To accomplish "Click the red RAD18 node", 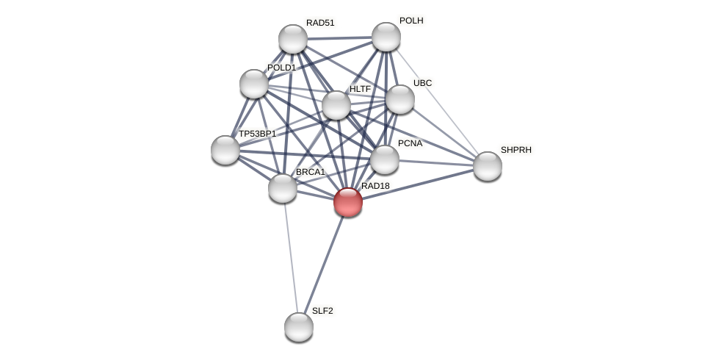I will [348, 202].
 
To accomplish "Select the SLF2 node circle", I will [299, 327].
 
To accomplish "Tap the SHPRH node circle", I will [488, 166].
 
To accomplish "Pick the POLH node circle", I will [386, 37].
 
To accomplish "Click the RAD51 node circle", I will [293, 39].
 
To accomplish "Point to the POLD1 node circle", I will [254, 84].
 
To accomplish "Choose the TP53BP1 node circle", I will [225, 150].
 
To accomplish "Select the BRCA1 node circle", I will [283, 188].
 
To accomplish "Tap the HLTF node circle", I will [336, 105].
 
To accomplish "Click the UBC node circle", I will [400, 99].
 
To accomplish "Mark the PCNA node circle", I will [385, 159].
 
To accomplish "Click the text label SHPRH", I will [516, 150].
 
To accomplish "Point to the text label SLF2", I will [322, 311].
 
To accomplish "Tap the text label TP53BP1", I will [257, 134].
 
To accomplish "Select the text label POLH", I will [411, 21].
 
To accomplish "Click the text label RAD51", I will [320, 23].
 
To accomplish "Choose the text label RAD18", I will [375, 186].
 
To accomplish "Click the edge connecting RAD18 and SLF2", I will [324, 264].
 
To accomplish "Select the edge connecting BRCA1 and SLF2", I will [291, 257].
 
